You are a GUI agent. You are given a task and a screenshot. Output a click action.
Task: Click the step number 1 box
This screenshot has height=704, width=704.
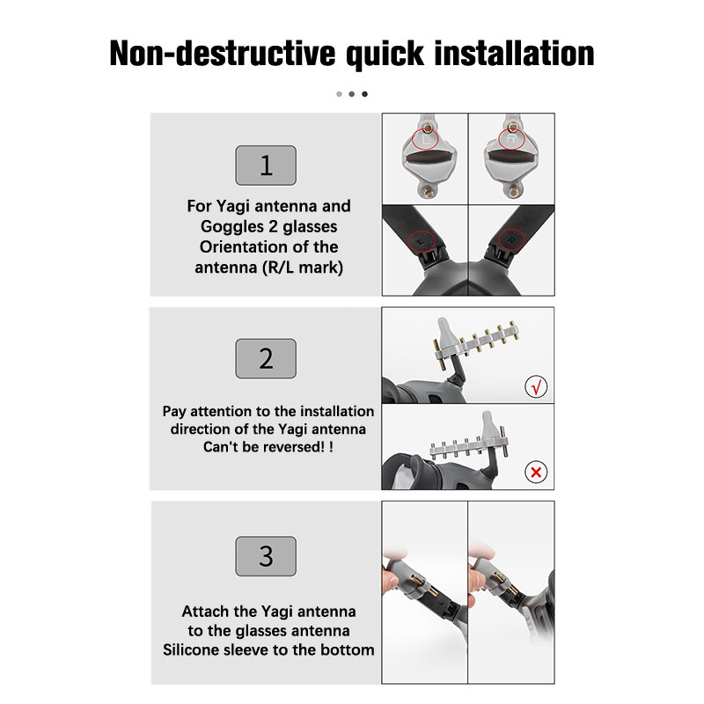(x=266, y=165)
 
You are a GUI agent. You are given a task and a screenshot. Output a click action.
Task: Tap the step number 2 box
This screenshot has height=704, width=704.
(x=266, y=358)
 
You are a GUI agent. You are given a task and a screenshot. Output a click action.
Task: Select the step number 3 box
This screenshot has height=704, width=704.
(x=266, y=556)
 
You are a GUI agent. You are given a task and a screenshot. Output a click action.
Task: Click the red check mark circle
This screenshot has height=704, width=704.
(x=536, y=386)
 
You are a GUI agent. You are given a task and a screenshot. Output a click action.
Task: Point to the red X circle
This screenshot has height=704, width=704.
(x=536, y=472)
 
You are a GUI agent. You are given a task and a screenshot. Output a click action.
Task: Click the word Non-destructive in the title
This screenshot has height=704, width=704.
(x=223, y=54)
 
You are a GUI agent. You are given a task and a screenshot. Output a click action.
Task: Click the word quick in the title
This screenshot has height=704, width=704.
(x=385, y=55)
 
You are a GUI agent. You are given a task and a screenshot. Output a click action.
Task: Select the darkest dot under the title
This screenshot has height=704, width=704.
(x=364, y=94)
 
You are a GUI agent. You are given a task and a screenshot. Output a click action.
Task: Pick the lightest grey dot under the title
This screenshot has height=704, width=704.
(x=339, y=94)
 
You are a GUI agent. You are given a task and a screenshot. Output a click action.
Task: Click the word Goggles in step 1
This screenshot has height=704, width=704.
(x=232, y=227)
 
